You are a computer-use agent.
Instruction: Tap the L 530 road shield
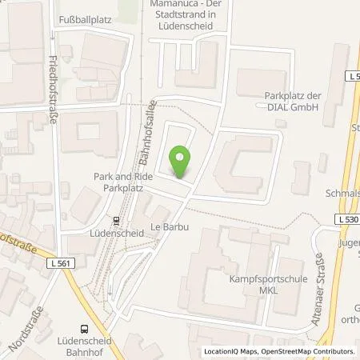click(x=346, y=218)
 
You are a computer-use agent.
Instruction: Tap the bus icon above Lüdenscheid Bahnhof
click(x=84, y=326)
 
